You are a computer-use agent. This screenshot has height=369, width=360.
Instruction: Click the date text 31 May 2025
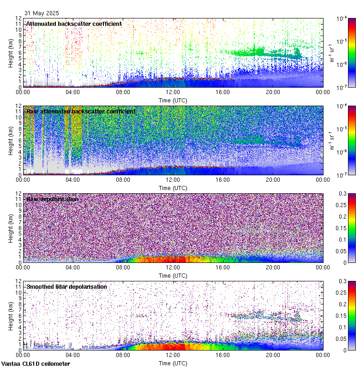(42, 13)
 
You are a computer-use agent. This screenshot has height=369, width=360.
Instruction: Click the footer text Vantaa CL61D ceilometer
(36, 364)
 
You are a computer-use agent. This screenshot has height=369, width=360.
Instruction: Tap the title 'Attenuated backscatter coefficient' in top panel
(74, 24)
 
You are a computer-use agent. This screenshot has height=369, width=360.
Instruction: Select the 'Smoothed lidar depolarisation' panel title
(66, 286)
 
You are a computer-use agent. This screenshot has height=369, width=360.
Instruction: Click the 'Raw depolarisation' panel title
(52, 199)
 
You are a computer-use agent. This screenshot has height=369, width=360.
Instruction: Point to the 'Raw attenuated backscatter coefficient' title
(81, 111)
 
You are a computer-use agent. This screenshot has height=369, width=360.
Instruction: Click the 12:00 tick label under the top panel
(173, 92)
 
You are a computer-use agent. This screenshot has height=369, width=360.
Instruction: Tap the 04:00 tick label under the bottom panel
(73, 355)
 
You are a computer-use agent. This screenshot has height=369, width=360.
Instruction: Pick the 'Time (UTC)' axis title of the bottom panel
(173, 363)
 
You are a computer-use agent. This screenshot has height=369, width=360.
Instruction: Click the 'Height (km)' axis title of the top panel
(11, 53)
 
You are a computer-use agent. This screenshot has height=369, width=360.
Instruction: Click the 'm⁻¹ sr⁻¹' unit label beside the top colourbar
(332, 53)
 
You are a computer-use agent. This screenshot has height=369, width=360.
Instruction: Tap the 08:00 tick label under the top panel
(123, 92)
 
